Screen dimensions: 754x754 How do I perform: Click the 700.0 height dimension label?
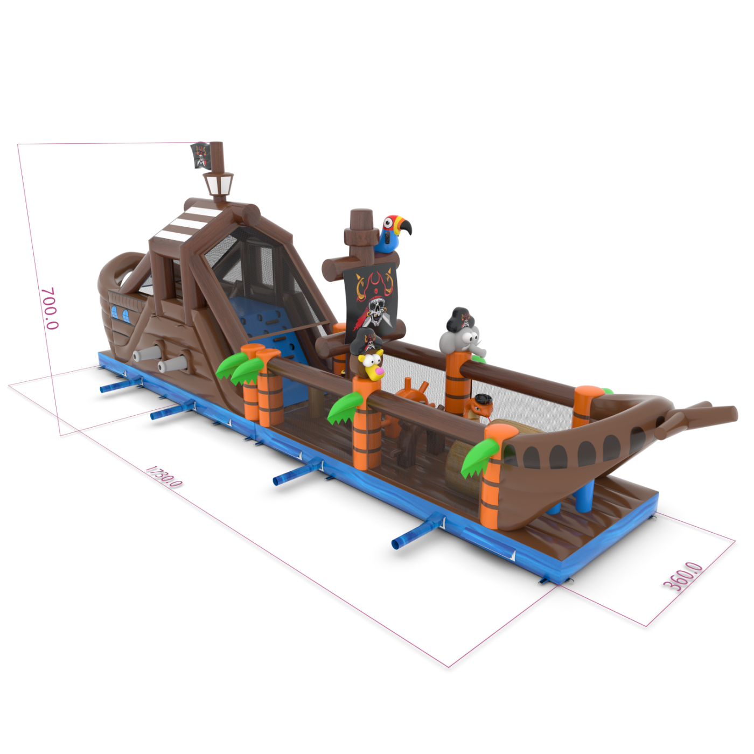(50, 308)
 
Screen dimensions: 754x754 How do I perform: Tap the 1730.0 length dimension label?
(164, 476)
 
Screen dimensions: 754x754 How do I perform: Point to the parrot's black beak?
(405, 226)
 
